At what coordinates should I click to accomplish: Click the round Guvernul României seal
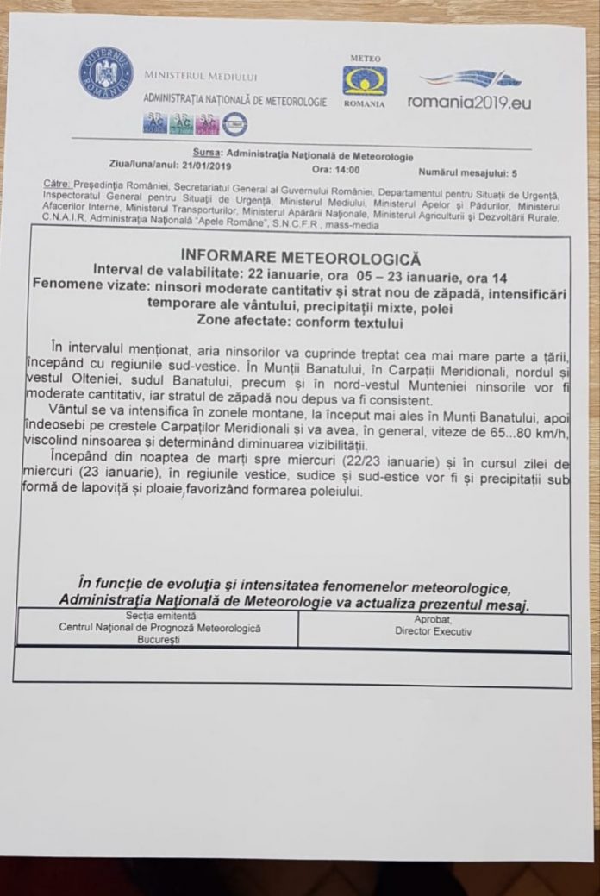[x=106, y=72]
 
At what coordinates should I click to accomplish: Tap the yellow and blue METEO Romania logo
[x=365, y=81]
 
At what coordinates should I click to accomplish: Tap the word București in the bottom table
[x=159, y=640]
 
